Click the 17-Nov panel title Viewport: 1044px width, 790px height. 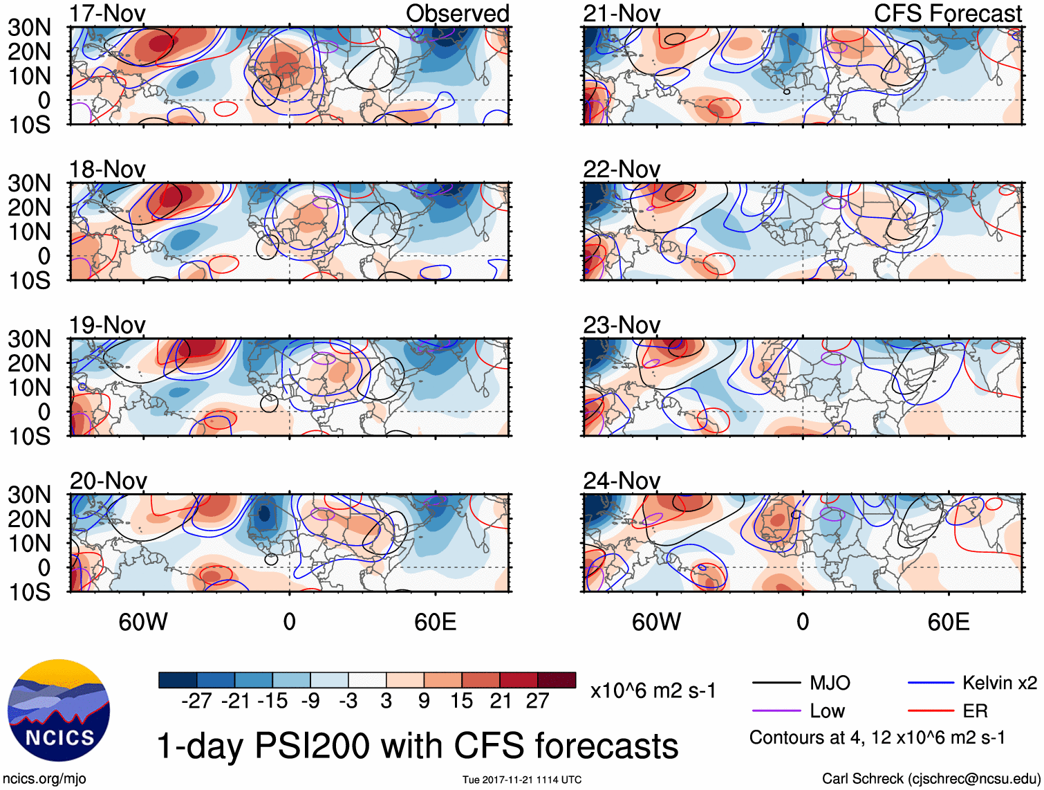click(x=107, y=13)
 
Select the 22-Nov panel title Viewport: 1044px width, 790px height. click(x=621, y=169)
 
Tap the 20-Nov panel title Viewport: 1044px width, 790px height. click(x=108, y=480)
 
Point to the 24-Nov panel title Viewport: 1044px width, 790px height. click(x=621, y=480)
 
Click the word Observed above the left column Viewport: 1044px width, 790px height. click(x=457, y=13)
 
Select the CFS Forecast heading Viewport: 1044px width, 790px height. click(x=947, y=13)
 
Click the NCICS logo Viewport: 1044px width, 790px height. click(x=58, y=710)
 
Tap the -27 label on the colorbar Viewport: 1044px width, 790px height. click(x=196, y=701)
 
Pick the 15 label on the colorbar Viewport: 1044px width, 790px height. click(x=461, y=701)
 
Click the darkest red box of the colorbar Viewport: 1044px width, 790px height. click(x=557, y=680)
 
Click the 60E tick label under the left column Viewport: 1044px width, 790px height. click(x=435, y=622)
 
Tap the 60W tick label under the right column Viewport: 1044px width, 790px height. click(x=656, y=622)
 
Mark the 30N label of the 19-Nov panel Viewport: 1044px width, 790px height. click(x=30, y=339)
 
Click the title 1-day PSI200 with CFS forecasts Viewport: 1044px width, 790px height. click(x=418, y=746)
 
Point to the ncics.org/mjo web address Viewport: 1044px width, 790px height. click(x=44, y=778)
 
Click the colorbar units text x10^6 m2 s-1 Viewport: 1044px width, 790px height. click(x=653, y=690)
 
